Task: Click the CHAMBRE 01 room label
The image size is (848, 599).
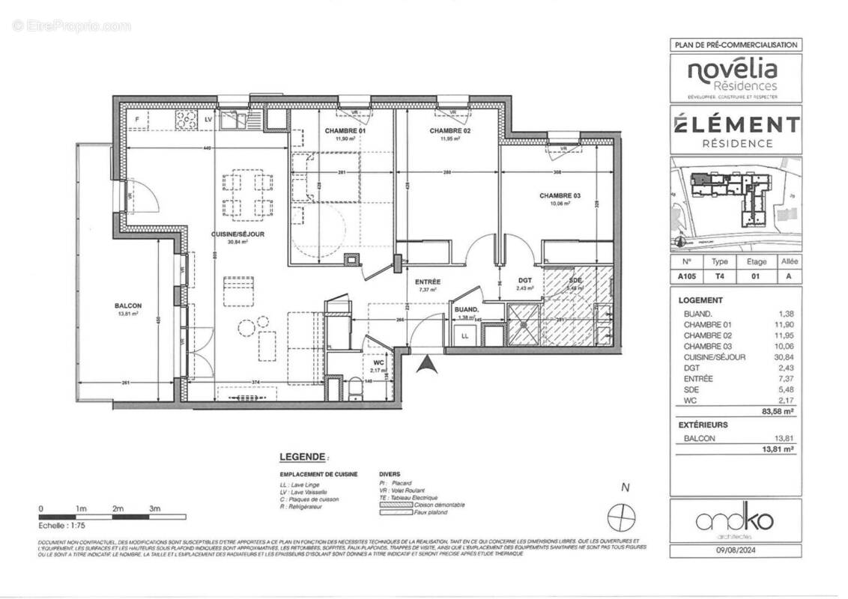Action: [x=345, y=131]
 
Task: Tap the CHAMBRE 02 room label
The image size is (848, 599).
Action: [x=449, y=131]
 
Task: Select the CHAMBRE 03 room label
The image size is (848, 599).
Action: [x=560, y=195]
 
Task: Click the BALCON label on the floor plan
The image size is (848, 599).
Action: [x=128, y=305]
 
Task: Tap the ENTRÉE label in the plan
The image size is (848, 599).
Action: [x=427, y=282]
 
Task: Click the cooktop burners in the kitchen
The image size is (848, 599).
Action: [x=185, y=118]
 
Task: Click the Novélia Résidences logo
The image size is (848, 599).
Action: [x=733, y=78]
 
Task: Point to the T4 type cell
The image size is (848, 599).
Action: [x=719, y=276]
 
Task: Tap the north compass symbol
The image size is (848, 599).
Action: [x=623, y=516]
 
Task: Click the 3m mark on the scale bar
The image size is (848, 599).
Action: [x=156, y=509]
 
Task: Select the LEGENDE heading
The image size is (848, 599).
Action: [x=303, y=456]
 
